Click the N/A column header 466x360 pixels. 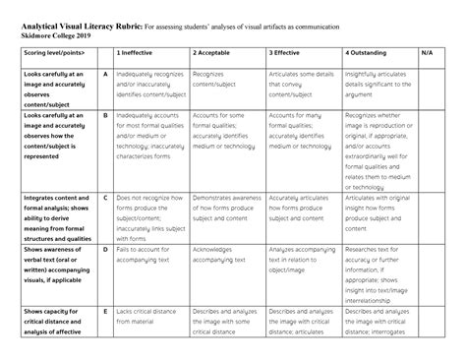(x=426, y=52)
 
